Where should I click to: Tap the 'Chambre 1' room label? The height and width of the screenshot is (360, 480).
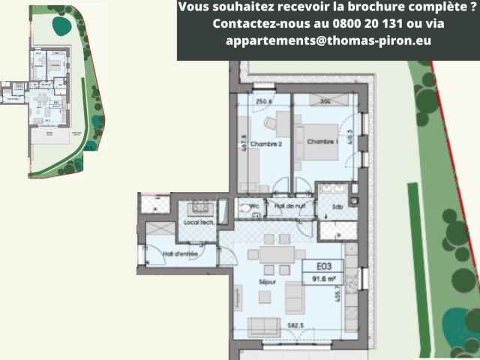tap(319, 142)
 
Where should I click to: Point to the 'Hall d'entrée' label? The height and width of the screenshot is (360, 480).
tap(180, 253)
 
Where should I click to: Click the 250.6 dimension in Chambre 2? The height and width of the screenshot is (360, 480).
tap(263, 103)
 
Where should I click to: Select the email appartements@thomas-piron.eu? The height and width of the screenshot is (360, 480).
tap(328, 40)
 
